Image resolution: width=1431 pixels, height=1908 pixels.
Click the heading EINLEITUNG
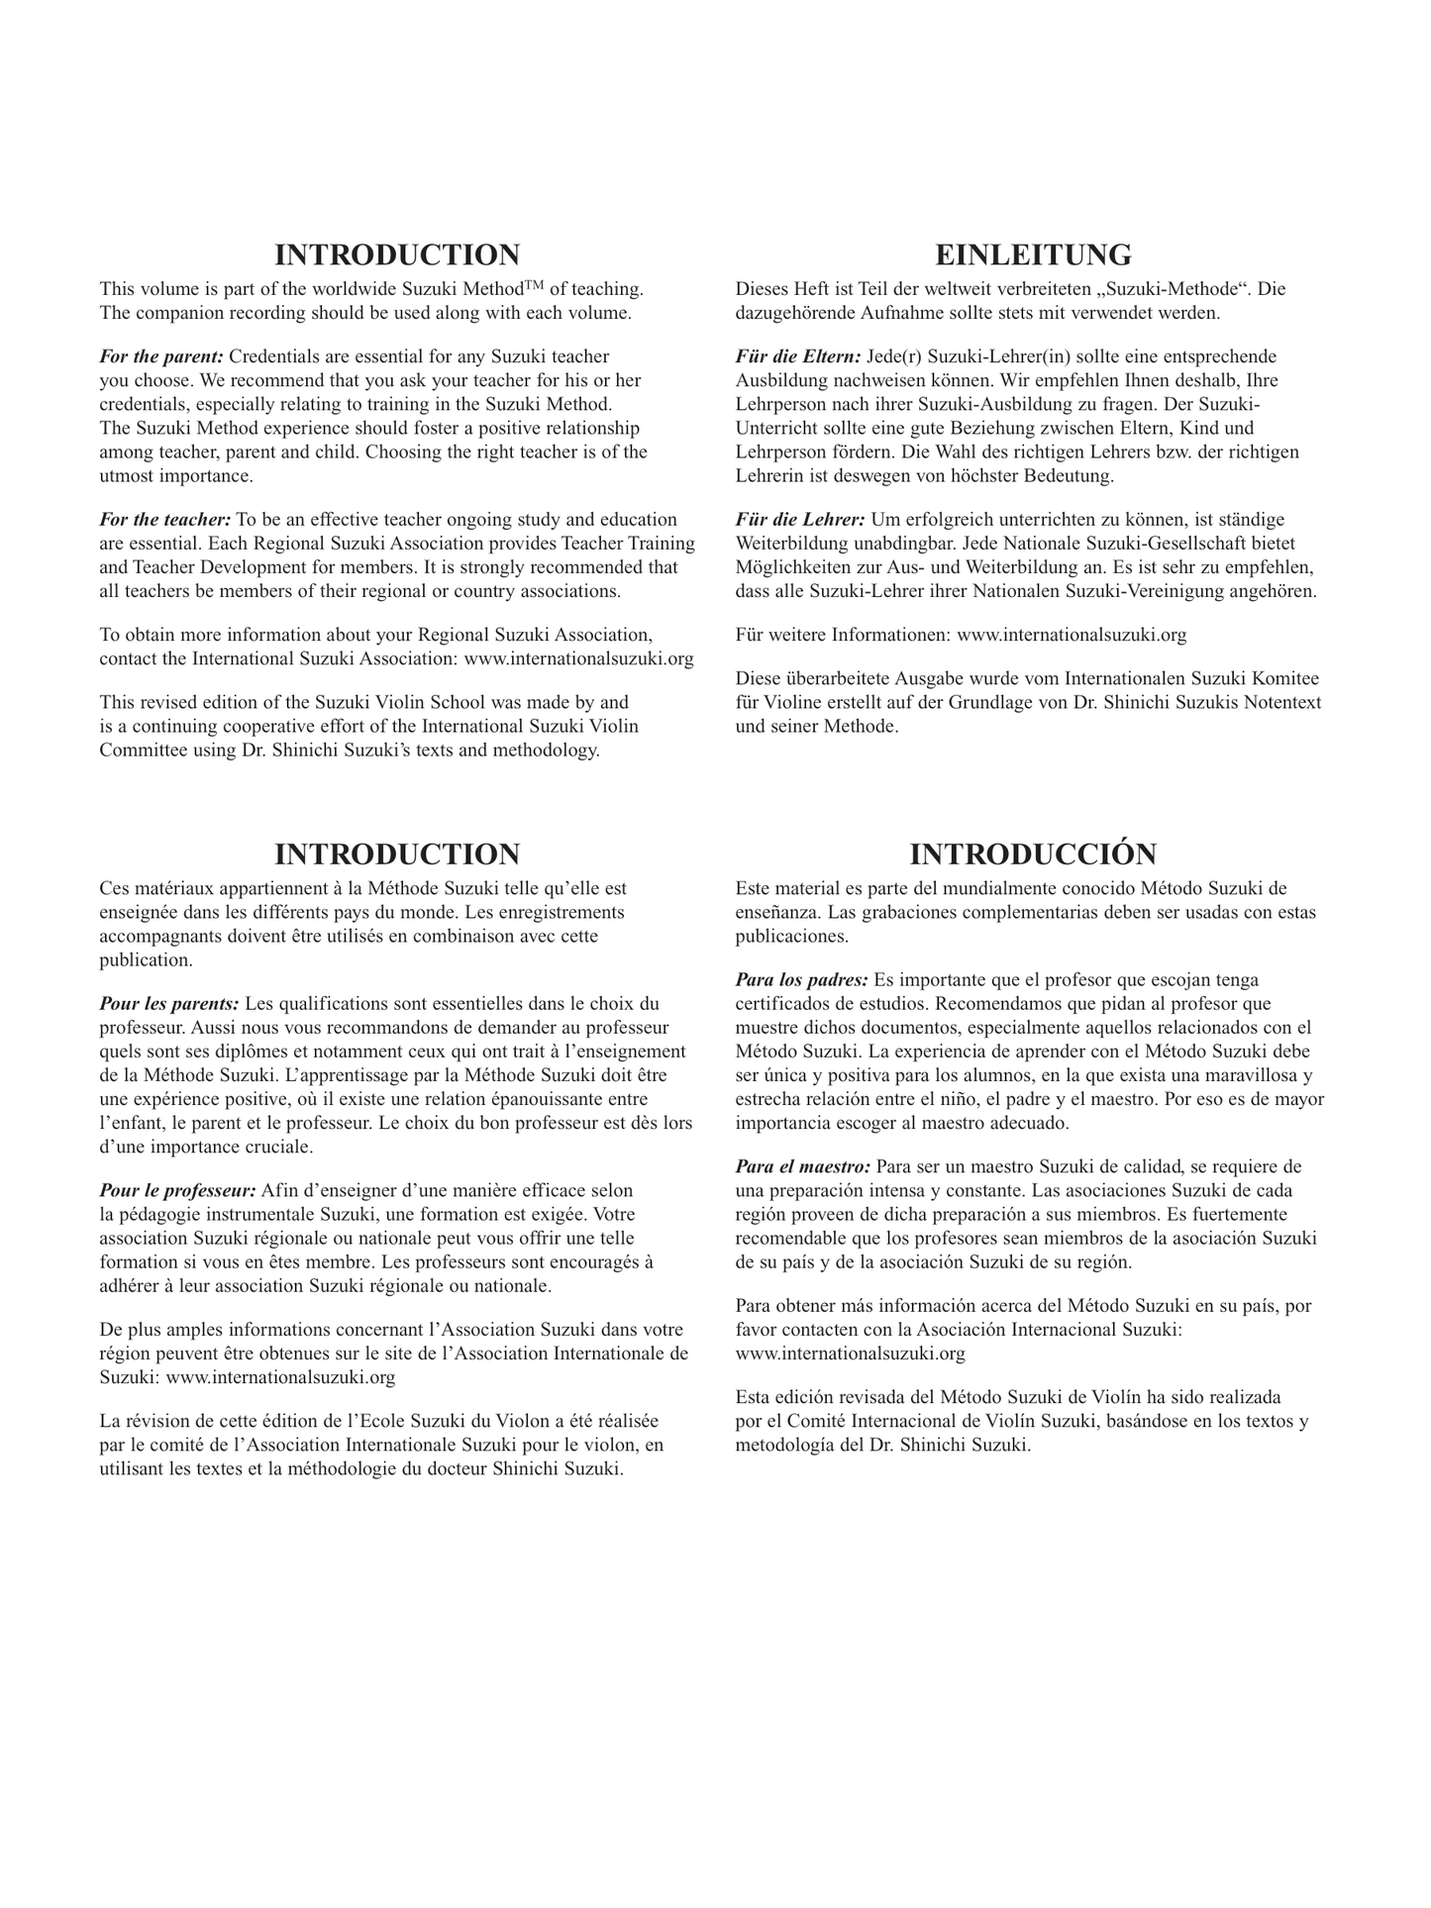(1033, 254)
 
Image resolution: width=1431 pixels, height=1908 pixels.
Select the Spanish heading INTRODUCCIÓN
(1033, 854)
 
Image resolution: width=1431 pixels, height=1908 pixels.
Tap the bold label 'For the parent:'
(161, 356)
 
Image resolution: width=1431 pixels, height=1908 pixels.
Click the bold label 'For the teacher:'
(165, 520)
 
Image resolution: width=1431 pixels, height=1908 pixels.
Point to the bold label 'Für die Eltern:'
(798, 356)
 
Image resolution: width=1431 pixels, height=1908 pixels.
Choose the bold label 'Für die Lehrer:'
(800, 520)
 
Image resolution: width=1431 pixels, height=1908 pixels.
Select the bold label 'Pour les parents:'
(169, 1004)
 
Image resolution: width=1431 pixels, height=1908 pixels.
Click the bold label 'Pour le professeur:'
(178, 1190)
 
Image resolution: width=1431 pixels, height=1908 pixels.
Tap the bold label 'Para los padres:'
(802, 980)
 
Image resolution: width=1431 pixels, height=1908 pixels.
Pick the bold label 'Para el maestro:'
(803, 1166)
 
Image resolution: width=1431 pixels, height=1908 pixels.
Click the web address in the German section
(1072, 635)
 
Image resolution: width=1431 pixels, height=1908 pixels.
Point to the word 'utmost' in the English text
(127, 476)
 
